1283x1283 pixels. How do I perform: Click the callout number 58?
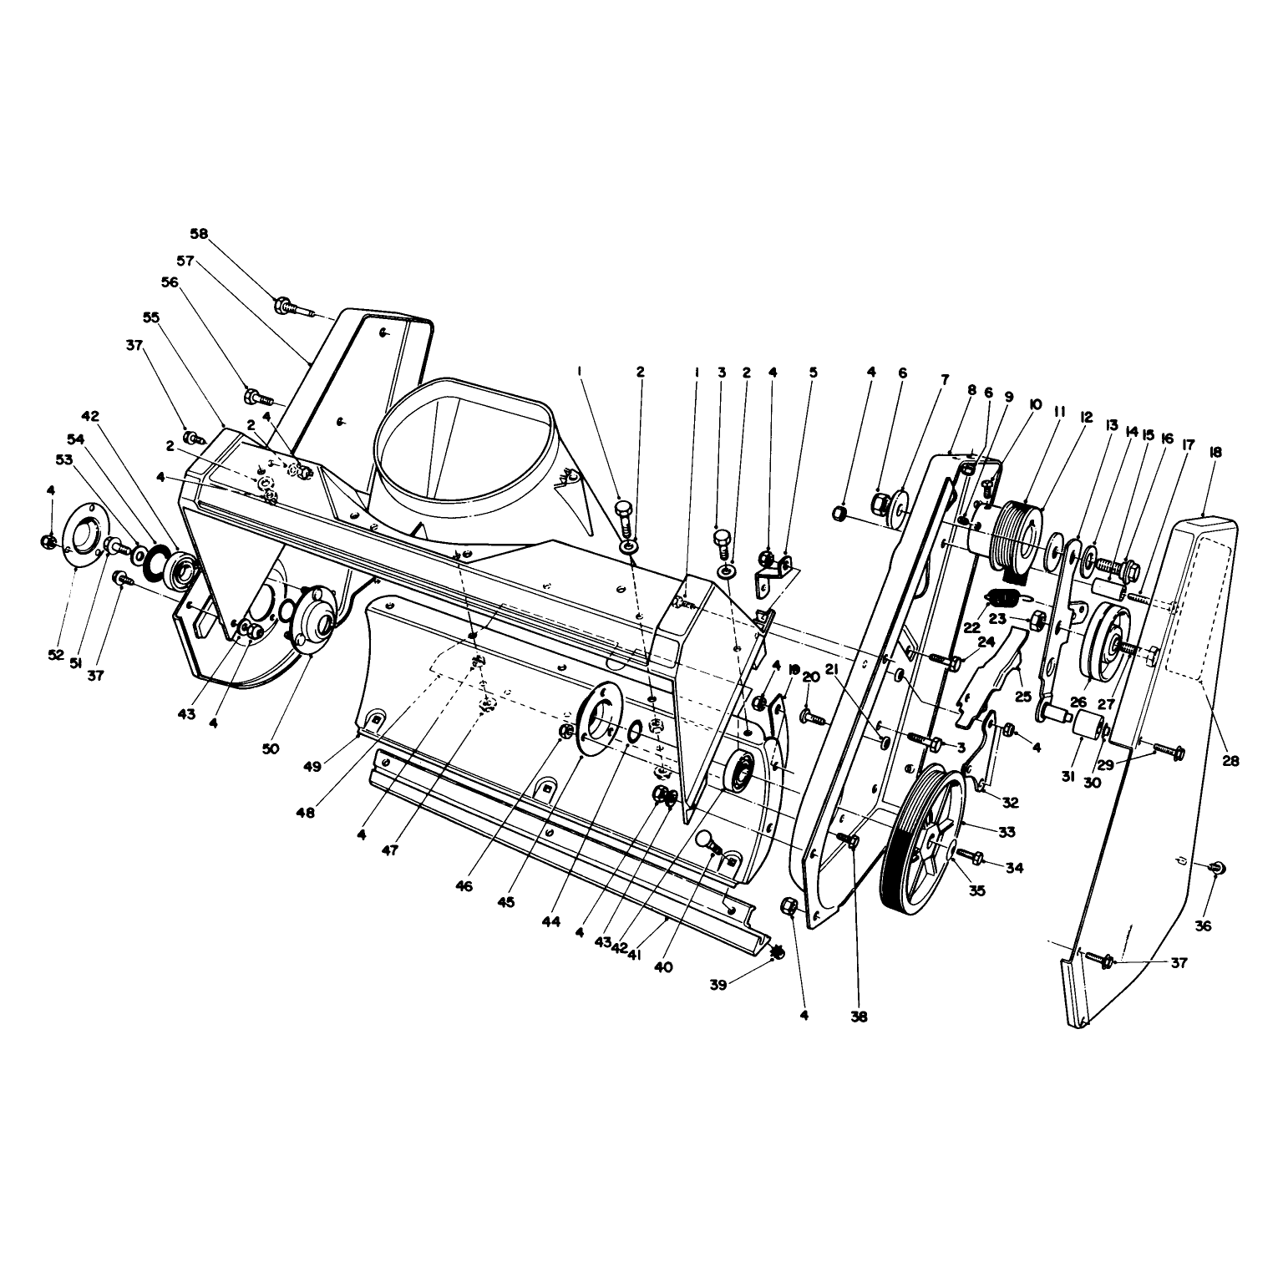coord(199,234)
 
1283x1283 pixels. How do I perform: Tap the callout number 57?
coord(185,261)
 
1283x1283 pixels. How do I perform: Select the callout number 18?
coord(1215,451)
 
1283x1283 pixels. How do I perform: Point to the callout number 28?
coord(1230,761)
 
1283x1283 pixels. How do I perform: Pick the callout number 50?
coord(270,749)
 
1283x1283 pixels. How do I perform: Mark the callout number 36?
coord(1204,925)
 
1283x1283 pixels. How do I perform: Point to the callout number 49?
coord(312,767)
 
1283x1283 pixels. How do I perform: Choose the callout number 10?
coord(1036,405)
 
